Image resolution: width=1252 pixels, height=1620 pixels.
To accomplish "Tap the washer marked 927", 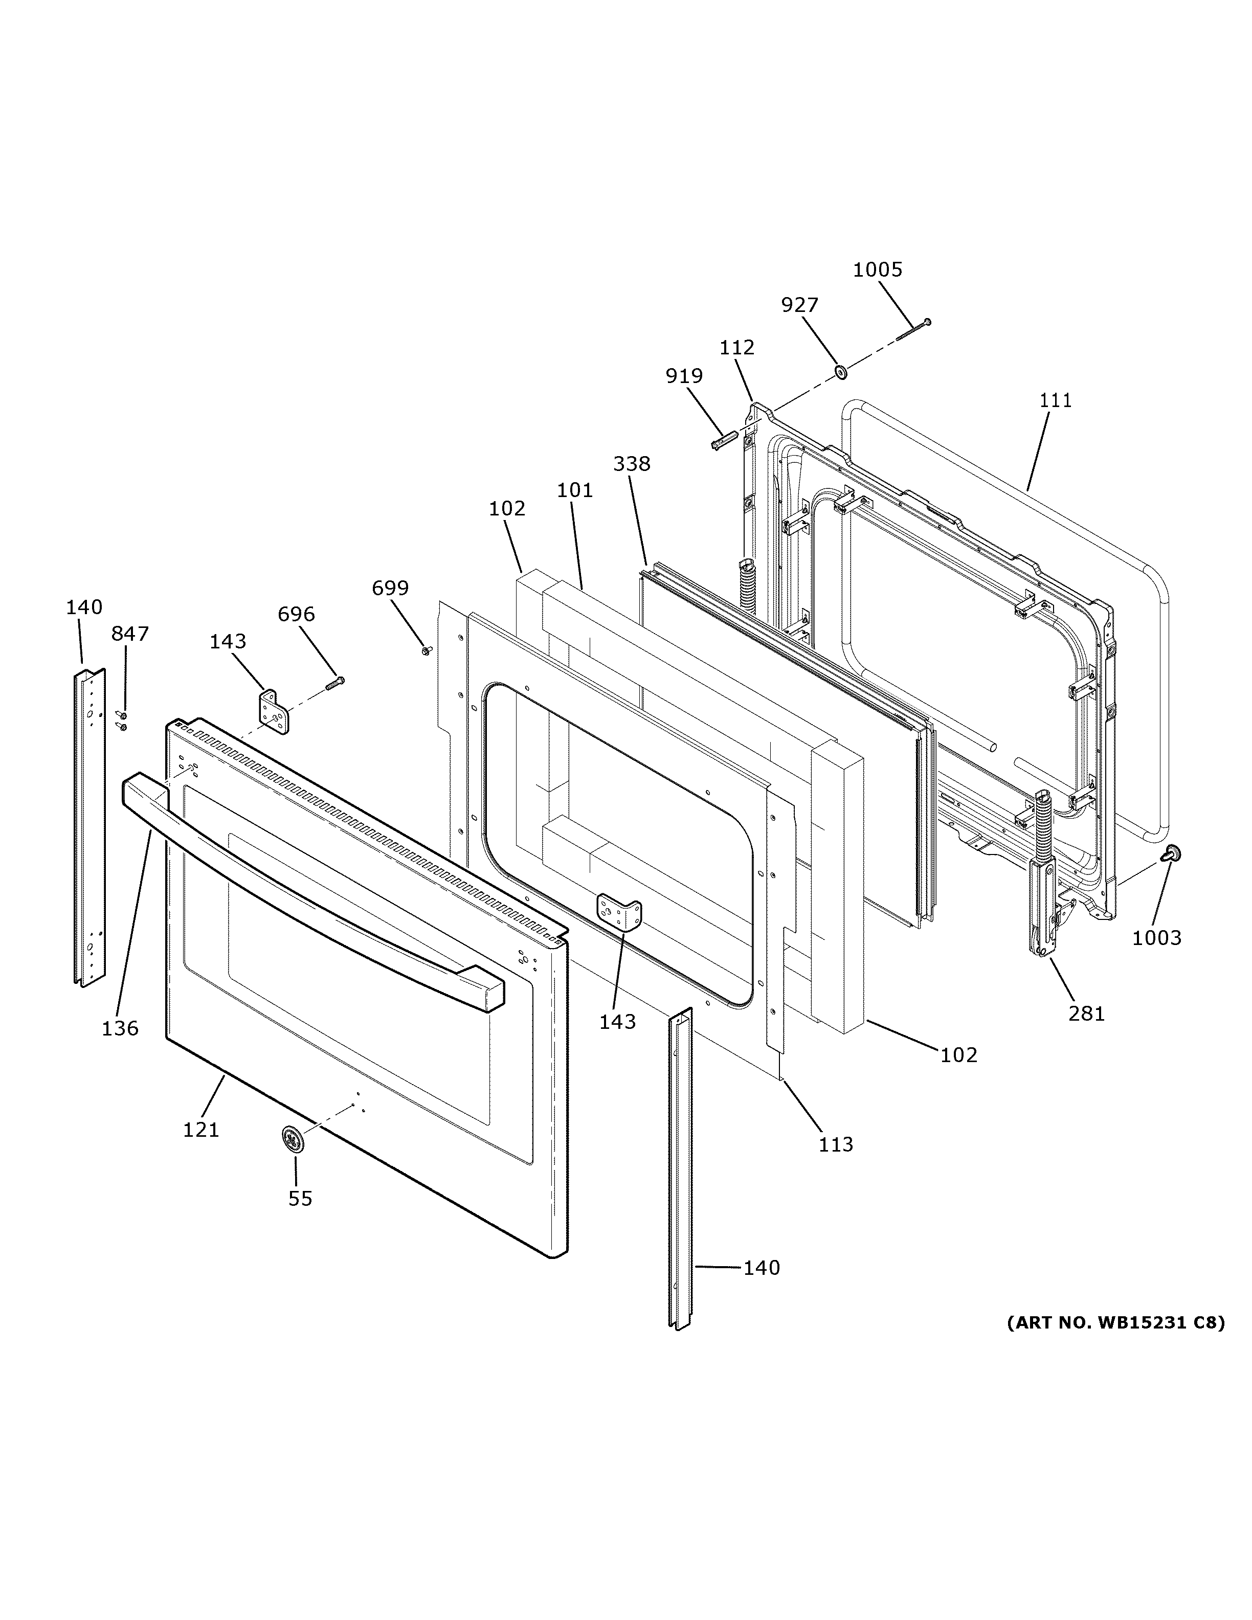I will (x=841, y=370).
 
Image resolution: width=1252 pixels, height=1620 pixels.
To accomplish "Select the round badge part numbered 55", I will (x=295, y=1139).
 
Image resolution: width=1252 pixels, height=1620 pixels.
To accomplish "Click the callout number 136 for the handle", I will (x=120, y=1028).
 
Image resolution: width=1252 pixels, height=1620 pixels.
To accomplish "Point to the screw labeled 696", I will (x=336, y=683).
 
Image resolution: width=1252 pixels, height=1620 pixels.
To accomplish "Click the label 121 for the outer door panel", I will (x=201, y=1130).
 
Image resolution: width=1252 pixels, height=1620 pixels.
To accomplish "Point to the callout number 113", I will (x=836, y=1144).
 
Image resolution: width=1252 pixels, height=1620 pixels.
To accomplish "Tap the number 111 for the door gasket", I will (x=1055, y=400).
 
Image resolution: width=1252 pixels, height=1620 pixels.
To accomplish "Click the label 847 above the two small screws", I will (x=130, y=634).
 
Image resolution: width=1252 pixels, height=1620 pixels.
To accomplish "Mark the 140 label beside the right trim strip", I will (x=762, y=1268).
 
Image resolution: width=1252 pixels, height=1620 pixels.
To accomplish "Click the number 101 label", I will (x=575, y=490).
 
